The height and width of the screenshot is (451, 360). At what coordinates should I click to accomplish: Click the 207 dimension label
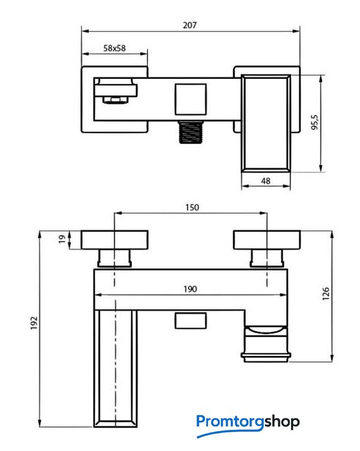190,25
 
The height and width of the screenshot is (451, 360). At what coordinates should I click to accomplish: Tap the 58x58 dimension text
114,48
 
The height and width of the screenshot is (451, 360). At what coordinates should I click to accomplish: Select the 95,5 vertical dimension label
315,122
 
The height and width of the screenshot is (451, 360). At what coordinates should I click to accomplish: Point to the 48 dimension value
266,181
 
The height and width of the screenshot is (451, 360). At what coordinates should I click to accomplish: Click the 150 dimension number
192,207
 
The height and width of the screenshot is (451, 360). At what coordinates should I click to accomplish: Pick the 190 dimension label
190,289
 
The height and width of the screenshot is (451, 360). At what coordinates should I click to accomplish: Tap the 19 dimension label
62,239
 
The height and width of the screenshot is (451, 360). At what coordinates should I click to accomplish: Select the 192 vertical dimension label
35,323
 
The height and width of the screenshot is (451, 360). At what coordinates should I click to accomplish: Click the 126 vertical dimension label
325,294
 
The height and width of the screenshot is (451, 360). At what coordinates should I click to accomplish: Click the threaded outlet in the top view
191,132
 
